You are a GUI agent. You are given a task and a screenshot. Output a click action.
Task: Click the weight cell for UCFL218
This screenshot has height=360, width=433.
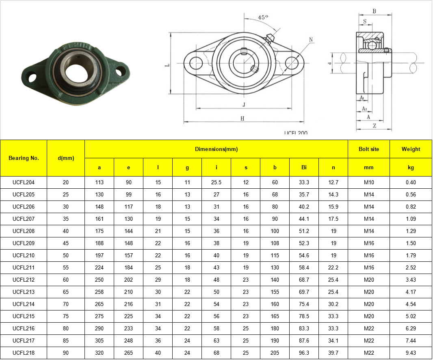(x=411, y=353)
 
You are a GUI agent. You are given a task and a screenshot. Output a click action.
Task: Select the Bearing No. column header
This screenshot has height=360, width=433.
(x=24, y=158)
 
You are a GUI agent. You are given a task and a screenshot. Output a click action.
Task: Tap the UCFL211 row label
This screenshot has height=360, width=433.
(x=24, y=267)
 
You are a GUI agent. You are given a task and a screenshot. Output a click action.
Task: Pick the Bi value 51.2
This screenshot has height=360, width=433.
(x=304, y=231)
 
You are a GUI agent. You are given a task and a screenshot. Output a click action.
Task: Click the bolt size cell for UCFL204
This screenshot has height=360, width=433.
(x=368, y=182)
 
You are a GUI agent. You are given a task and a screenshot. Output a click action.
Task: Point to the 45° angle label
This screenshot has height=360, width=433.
(x=263, y=17)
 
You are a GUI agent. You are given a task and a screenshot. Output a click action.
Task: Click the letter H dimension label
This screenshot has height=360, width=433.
(x=242, y=118)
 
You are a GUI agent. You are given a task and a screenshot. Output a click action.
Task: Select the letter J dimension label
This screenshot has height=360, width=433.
(x=244, y=105)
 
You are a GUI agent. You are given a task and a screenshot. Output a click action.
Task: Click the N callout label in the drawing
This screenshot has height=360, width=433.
(x=311, y=39)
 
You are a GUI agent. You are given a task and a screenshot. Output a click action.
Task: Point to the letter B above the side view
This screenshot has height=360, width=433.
(x=374, y=11)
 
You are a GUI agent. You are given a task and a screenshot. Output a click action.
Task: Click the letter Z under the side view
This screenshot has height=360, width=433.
(x=374, y=126)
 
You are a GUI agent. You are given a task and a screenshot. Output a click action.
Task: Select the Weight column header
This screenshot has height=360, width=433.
(x=411, y=149)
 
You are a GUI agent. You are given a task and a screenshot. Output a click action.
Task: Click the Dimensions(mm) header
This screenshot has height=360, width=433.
(x=216, y=149)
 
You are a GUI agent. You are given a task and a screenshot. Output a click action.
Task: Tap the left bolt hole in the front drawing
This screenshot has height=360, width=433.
(x=196, y=63)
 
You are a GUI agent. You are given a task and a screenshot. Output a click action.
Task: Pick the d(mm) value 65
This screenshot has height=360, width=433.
(x=66, y=292)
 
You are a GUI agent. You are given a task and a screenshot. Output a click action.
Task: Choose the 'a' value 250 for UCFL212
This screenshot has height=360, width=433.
(x=99, y=280)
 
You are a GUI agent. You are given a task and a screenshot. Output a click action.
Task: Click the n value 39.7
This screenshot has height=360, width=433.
(x=333, y=353)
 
